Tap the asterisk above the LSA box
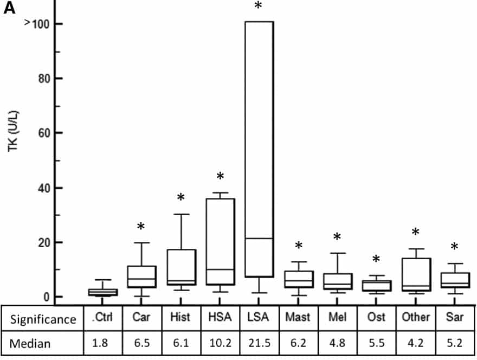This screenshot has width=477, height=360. click(258, 7)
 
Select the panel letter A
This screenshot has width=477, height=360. click(10, 9)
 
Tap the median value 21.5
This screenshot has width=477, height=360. click(259, 343)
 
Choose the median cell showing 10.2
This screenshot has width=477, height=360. click(220, 343)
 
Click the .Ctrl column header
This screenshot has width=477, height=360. click(102, 318)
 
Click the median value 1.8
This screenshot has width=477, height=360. click(102, 343)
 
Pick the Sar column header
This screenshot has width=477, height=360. click(454, 318)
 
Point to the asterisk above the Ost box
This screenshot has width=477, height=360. click(376, 260)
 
